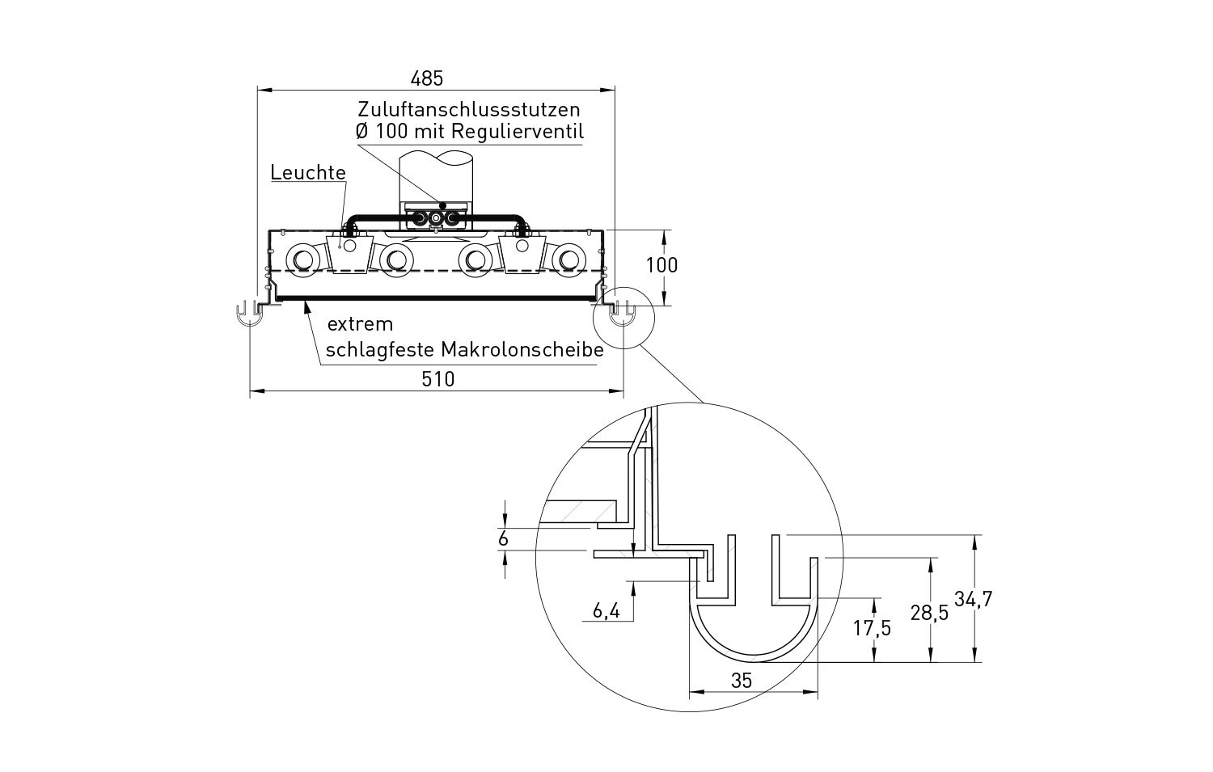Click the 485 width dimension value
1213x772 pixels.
click(x=427, y=79)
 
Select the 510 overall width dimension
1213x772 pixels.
click(x=438, y=379)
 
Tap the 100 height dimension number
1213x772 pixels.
click(x=661, y=265)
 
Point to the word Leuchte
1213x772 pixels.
click(x=308, y=173)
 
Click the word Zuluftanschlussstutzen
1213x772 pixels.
click(x=469, y=109)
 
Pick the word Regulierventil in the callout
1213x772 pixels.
click(x=517, y=131)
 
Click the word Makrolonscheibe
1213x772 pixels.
click(x=522, y=349)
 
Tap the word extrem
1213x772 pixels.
click(x=360, y=324)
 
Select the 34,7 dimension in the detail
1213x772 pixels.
click(x=973, y=599)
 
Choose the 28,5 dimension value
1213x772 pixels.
click(x=929, y=613)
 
